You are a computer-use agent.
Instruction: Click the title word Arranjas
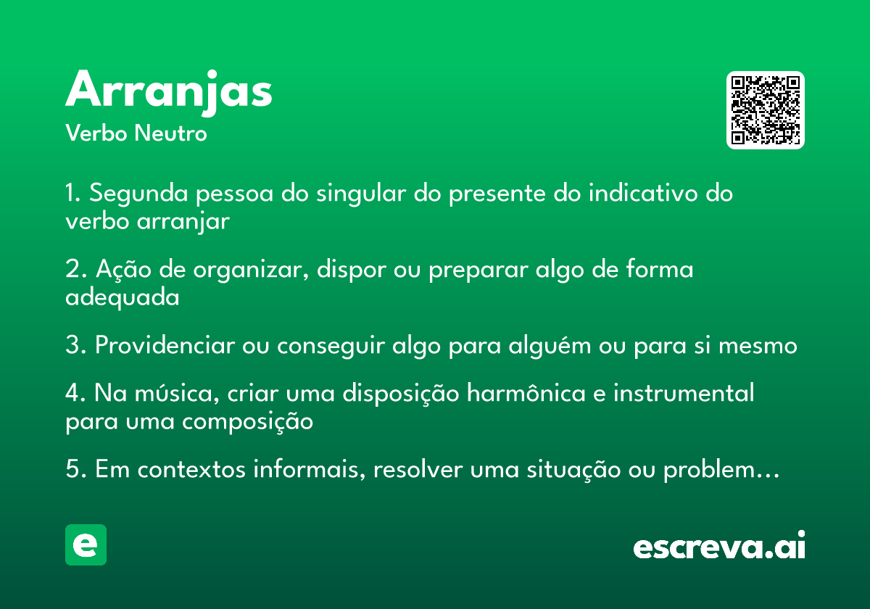[x=168, y=92]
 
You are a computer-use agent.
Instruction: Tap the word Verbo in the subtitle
[x=96, y=133]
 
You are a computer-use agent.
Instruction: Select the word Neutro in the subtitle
[x=170, y=133]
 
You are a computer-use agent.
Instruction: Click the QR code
[x=765, y=110]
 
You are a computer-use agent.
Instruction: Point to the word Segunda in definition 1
[x=138, y=194]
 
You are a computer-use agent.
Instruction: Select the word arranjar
[x=183, y=222]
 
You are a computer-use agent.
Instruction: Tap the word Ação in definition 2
[x=123, y=269]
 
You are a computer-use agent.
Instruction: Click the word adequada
[x=123, y=297]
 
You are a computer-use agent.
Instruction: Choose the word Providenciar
[x=165, y=345]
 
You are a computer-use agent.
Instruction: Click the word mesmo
[x=758, y=346]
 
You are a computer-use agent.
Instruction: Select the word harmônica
[x=526, y=392]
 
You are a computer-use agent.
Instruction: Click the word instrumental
[x=684, y=392]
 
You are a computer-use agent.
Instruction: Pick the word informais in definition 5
[x=310, y=469]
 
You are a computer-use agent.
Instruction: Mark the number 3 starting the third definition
[x=72, y=345]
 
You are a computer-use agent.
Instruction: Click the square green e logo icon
[x=86, y=544]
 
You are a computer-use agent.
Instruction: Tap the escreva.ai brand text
[x=719, y=545]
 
